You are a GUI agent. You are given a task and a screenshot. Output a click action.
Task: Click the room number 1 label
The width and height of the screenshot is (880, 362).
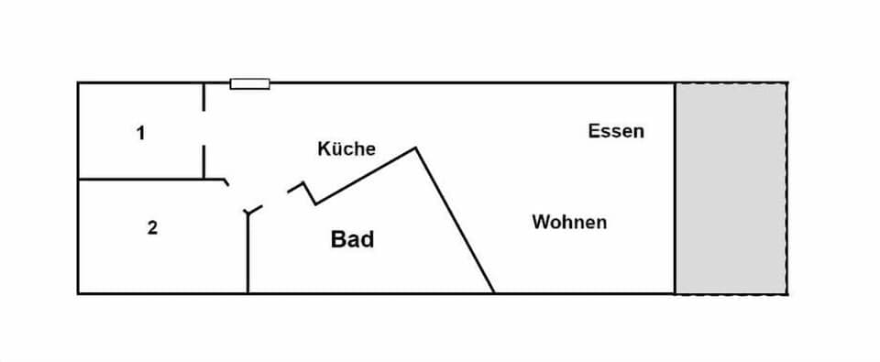pos(140,133)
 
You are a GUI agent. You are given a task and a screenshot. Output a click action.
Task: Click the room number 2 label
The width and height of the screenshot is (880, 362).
pos(152,227)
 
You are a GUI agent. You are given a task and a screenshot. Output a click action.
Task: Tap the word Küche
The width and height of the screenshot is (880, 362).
pos(346,148)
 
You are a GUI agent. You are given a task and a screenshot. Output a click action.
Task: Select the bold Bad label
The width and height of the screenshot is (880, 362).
pos(352,240)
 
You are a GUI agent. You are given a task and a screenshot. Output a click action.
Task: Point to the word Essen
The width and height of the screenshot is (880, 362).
pos(616,131)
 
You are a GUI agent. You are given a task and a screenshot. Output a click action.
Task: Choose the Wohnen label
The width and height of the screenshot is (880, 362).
pos(569,222)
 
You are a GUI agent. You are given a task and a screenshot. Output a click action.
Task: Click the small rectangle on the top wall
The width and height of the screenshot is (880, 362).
pos(249,83)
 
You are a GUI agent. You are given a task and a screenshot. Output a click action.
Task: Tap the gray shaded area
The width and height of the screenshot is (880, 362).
pos(731,188)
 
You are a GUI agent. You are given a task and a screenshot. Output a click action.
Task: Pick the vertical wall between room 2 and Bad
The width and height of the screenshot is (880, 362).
pos(247,257)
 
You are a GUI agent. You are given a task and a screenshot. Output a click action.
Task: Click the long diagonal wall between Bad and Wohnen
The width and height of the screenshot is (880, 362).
pos(456,220)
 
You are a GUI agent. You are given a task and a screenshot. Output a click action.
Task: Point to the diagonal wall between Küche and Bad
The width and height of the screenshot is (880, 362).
pos(367,175)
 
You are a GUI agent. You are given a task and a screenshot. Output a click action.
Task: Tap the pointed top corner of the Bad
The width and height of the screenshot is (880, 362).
pos(416,148)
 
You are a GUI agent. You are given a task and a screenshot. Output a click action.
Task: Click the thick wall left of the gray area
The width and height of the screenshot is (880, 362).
pos(676,188)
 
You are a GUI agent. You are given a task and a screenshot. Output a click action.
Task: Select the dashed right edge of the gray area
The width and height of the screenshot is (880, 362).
pos(786,188)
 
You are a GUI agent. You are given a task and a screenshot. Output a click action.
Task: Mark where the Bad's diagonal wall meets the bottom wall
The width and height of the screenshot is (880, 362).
pos(494,292)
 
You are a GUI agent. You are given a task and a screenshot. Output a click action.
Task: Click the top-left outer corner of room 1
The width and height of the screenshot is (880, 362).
pos(78,83)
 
